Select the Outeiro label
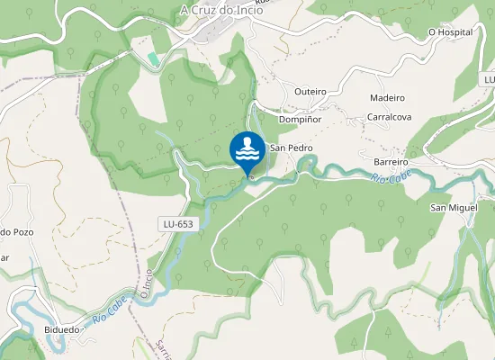310,92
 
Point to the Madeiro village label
388,97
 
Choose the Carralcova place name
389,117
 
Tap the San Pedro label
291,148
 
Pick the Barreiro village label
391,162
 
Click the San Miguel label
452,208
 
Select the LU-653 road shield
177,224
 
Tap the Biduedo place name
61,329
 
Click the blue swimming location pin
247,152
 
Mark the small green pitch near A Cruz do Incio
153,58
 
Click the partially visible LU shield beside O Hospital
489,80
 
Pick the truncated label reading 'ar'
4,257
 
